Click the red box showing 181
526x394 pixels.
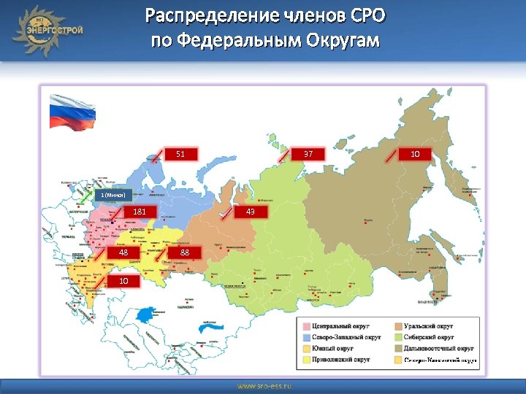point(140,212)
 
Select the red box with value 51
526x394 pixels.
point(180,154)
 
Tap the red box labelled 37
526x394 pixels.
point(308,154)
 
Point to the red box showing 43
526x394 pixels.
point(251,212)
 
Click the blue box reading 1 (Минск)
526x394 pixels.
point(113,195)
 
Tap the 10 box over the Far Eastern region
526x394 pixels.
point(415,154)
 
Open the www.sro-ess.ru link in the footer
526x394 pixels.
point(263,385)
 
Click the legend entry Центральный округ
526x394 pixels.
point(339,325)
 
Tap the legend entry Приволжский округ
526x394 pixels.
point(340,360)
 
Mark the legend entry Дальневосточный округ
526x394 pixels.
point(436,348)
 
